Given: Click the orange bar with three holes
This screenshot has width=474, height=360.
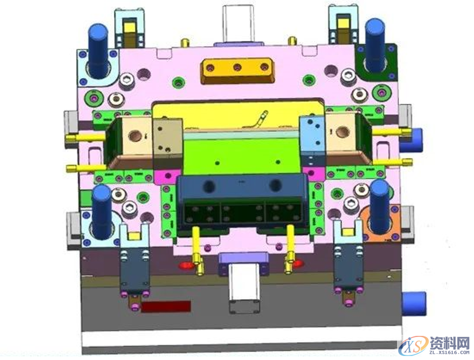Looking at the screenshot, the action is [238, 71].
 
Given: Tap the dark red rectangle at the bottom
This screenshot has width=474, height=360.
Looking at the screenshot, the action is [166, 306].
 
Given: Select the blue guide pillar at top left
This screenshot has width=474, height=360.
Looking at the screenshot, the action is [98, 51].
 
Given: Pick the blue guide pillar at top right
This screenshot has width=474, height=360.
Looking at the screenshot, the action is [375, 45].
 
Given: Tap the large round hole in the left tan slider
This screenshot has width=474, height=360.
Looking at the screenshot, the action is [134, 136].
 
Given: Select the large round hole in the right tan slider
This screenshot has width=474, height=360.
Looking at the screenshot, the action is [342, 132].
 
